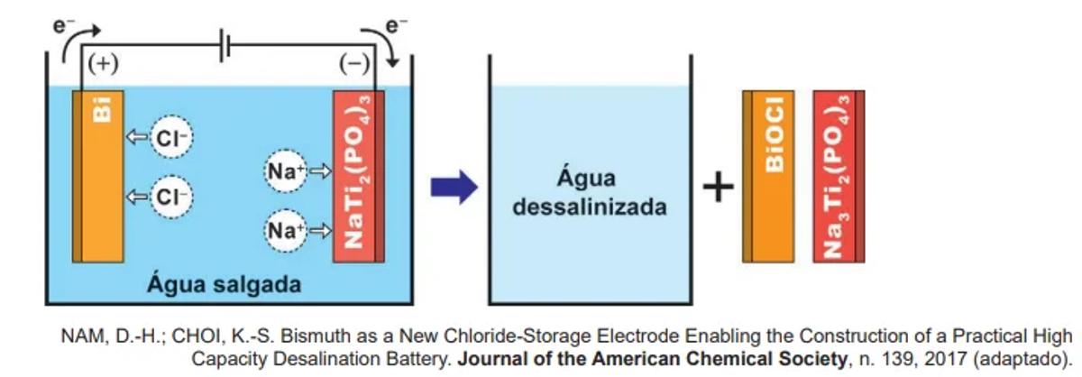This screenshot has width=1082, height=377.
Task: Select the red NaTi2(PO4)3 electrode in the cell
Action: click(359, 175)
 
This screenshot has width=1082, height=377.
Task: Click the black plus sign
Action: click(718, 188)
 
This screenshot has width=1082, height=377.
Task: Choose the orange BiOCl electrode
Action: click(770, 175)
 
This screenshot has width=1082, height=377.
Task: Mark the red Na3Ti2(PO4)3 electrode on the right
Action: click(839, 175)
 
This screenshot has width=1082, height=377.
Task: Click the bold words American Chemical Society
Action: click(753, 360)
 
